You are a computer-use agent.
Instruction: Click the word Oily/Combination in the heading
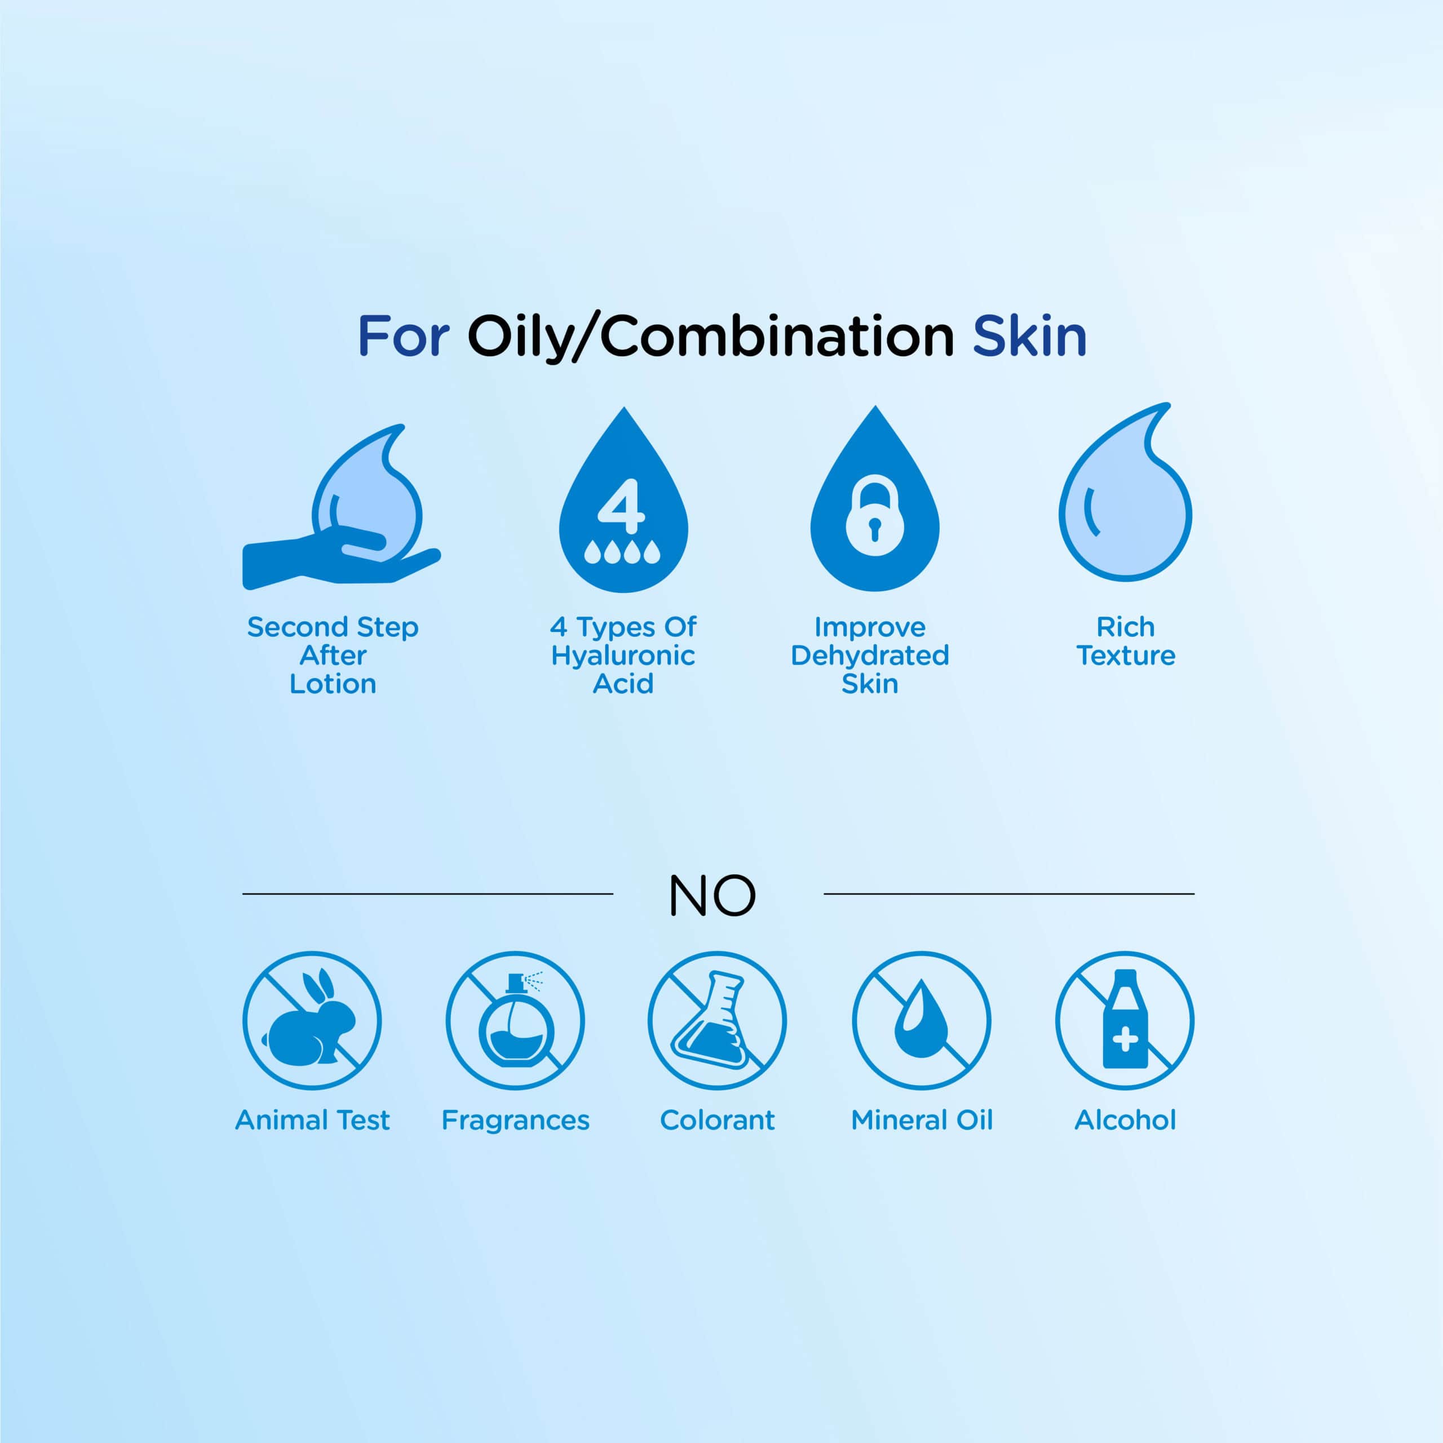pyautogui.click(x=710, y=337)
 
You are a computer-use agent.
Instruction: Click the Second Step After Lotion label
pyautogui.click(x=333, y=655)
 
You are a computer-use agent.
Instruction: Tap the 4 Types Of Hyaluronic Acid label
pyautogui.click(x=623, y=655)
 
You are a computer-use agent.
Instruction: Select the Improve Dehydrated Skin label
pyautogui.click(x=870, y=655)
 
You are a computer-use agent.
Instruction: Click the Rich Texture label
pyautogui.click(x=1126, y=641)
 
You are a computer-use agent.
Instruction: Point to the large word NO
pyautogui.click(x=712, y=896)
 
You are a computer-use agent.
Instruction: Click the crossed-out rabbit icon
pyautogui.click(x=312, y=1021)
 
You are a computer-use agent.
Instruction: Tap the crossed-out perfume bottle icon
pyautogui.click(x=515, y=1021)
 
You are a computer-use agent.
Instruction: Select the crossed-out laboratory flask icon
pyautogui.click(x=717, y=1021)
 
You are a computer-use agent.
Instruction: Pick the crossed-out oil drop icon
pyautogui.click(x=922, y=1021)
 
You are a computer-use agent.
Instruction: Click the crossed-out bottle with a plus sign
pyautogui.click(x=1125, y=1021)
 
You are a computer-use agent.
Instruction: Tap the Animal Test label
pyautogui.click(x=312, y=1121)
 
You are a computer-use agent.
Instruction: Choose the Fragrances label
pyautogui.click(x=515, y=1121)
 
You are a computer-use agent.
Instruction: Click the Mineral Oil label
pyautogui.click(x=922, y=1121)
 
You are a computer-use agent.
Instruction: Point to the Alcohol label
pyautogui.click(x=1125, y=1121)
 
